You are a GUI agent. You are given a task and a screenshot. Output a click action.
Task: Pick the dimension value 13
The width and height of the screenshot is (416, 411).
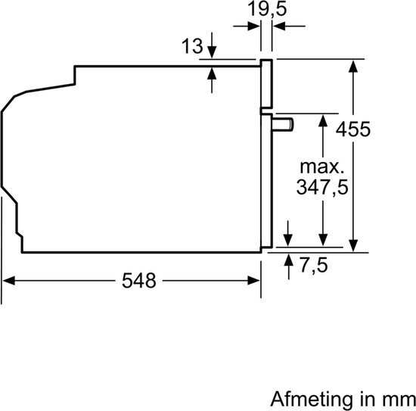coord(192,46)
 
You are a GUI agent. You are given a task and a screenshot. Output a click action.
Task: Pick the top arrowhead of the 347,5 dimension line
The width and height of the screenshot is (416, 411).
coord(323,120)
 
